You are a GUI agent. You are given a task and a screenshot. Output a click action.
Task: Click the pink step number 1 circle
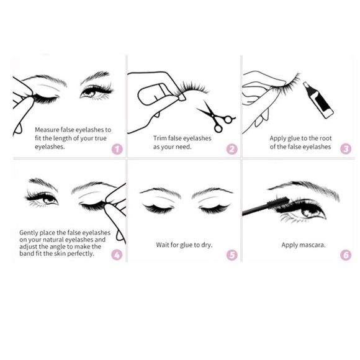(117, 149)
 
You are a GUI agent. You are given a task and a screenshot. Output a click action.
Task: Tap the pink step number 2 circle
(232, 149)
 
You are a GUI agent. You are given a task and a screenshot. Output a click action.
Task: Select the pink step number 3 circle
(346, 149)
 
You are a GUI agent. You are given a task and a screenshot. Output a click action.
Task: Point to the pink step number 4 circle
(117, 254)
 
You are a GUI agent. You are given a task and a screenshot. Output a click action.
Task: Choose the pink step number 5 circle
(232, 254)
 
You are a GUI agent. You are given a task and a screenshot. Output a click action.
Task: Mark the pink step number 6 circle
(346, 254)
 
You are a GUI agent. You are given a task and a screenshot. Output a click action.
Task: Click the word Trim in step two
(161, 138)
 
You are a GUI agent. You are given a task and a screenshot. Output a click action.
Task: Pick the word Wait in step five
(163, 245)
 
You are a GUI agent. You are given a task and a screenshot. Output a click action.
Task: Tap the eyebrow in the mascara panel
(307, 187)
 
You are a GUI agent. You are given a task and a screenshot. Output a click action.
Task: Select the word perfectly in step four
(81, 253)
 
